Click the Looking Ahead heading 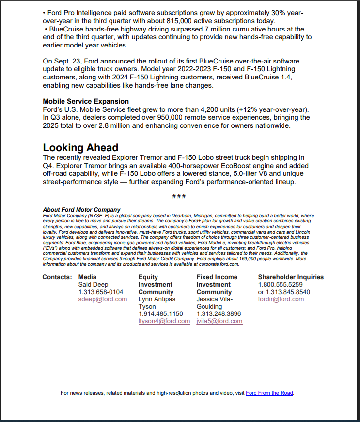80,147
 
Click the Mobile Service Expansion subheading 86,101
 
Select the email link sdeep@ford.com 103,299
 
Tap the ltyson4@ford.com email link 164,321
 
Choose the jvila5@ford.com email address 219,321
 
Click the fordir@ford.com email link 281,299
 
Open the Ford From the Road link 269,393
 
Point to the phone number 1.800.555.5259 280,285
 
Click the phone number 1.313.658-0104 101,292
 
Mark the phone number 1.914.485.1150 161,314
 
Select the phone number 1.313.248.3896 219,314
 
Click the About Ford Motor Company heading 81,210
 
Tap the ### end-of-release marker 179,196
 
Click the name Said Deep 93,285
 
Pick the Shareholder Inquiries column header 291,277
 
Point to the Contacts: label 57,277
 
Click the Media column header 87,277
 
